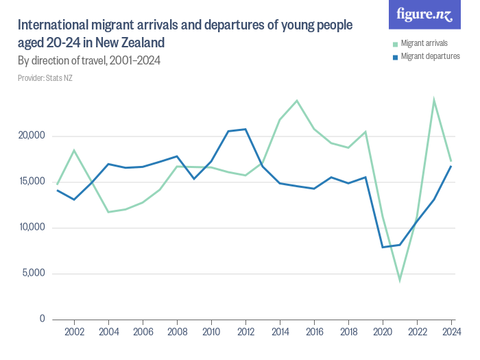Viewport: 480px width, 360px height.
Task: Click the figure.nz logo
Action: pyautogui.click(x=424, y=15)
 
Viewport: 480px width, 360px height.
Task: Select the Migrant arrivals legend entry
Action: pyautogui.click(x=424, y=43)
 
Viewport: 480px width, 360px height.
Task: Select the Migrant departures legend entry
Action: pyautogui.click(x=429, y=56)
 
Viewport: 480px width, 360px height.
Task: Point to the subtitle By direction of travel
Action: pyautogui.click(x=89, y=60)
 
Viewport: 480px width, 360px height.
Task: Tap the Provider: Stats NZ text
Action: pyautogui.click(x=45, y=78)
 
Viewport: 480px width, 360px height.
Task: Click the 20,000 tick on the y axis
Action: pyautogui.click(x=32, y=136)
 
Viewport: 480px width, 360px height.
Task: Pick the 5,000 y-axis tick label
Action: pyautogui.click(x=34, y=274)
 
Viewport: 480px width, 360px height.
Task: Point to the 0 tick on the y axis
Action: pyautogui.click(x=42, y=319)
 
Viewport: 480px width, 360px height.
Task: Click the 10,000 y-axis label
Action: pyautogui.click(x=32, y=228)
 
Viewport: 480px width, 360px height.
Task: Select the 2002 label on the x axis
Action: pyautogui.click(x=74, y=332)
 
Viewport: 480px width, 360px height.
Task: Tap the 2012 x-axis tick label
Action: pyautogui.click(x=245, y=332)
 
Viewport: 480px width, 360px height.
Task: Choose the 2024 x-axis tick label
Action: pyautogui.click(x=451, y=332)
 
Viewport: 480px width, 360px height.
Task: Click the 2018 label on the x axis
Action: pyautogui.click(x=348, y=332)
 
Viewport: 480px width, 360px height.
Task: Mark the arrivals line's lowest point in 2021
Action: pyautogui.click(x=400, y=280)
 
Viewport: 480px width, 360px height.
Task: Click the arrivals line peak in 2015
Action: pyautogui.click(x=297, y=101)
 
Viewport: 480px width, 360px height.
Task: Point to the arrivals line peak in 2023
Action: pyautogui.click(x=434, y=100)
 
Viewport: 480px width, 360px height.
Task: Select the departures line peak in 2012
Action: pyautogui.click(x=245, y=129)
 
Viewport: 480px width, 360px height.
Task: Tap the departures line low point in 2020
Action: pyautogui.click(x=383, y=247)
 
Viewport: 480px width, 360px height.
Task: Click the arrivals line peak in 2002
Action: pyautogui.click(x=74, y=150)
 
